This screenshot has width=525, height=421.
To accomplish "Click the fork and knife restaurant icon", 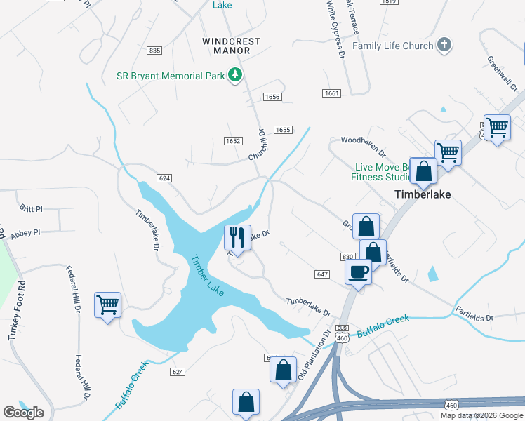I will coord(237,237).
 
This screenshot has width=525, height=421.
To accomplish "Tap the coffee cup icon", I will coord(359,271).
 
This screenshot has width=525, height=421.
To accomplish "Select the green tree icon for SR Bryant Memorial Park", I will coord(237,75).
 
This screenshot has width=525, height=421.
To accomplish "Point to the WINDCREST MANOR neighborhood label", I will coord(231,41).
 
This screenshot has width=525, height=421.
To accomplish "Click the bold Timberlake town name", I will coord(423,194).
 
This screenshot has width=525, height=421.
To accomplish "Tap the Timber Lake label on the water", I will coord(207,275).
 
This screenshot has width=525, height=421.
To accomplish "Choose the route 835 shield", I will coord(155,51).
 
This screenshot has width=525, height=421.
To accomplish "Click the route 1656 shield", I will coord(272,97).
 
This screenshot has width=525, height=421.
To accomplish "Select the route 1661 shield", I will coord(332,93).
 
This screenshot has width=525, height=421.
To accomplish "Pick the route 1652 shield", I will coord(234,141).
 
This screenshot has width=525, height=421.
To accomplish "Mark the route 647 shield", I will coord(322,274).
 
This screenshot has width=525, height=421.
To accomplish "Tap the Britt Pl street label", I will coord(32,209).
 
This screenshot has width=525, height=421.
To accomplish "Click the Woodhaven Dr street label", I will coord(363,145).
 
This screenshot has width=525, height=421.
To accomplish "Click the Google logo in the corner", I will coord(23,413).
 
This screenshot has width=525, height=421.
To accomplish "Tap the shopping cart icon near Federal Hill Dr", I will coord(107,305).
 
